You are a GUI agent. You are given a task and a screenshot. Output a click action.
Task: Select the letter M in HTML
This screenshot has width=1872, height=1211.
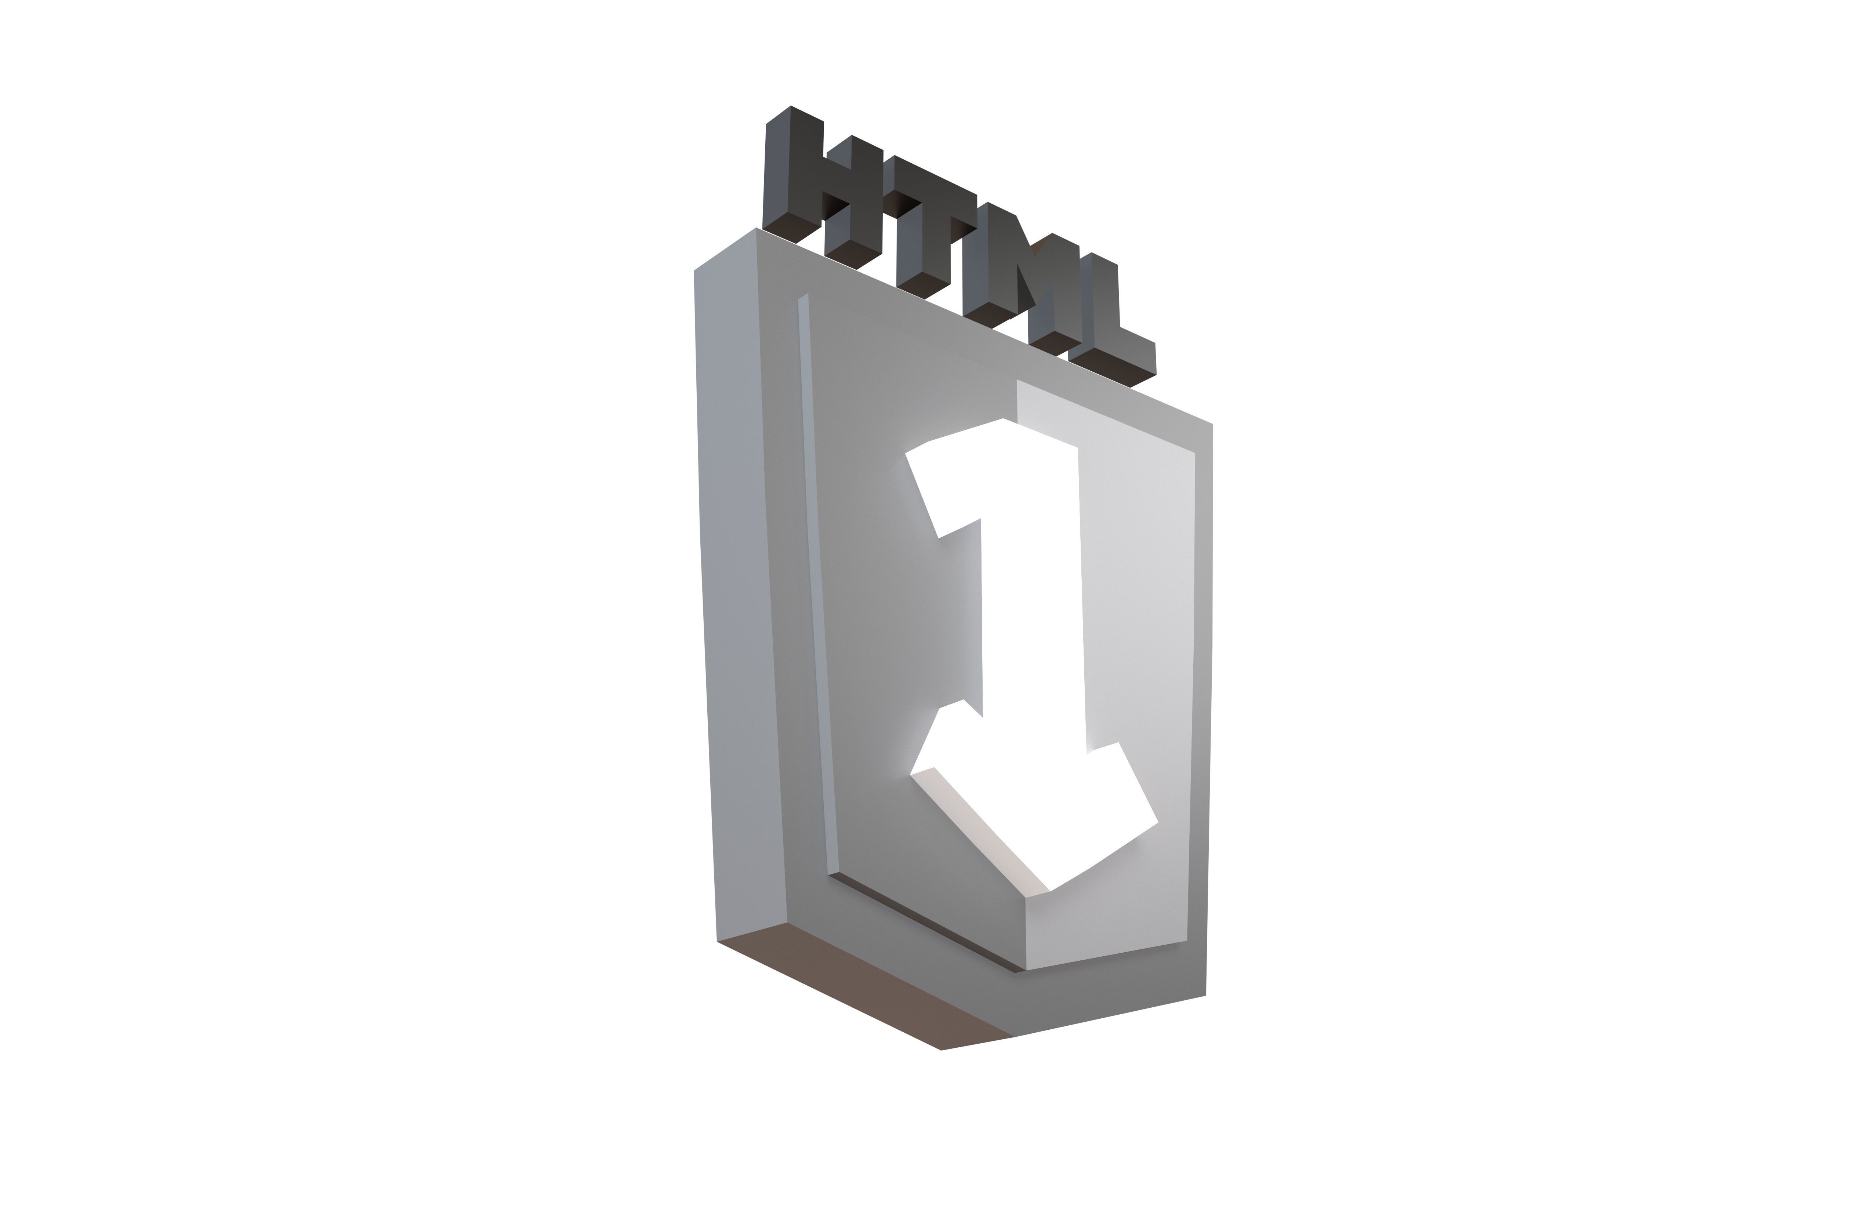tap(1015, 275)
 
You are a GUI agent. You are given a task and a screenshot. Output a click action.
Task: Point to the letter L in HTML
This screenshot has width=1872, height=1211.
tap(1101, 323)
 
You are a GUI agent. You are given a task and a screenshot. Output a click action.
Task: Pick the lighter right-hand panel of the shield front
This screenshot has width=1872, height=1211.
tap(1140, 629)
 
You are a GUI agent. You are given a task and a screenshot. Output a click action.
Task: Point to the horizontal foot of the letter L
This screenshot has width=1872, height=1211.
tap(1117, 358)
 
